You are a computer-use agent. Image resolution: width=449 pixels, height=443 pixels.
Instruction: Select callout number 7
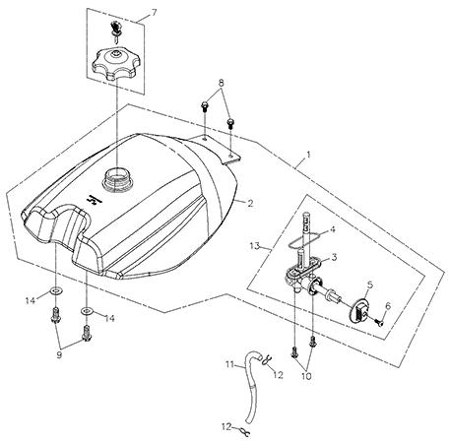(x=154, y=13)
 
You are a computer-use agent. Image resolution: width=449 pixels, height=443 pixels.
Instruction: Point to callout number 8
(x=222, y=83)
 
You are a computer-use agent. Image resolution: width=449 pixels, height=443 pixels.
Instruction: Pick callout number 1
(x=308, y=155)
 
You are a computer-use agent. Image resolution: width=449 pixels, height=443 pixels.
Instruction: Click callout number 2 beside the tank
(x=250, y=204)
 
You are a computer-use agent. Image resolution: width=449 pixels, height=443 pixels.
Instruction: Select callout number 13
(x=255, y=245)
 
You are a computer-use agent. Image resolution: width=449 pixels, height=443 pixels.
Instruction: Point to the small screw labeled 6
(x=380, y=323)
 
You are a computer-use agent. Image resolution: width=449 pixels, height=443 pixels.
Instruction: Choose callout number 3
(x=334, y=257)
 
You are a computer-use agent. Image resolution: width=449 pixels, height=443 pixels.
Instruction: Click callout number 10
(x=306, y=376)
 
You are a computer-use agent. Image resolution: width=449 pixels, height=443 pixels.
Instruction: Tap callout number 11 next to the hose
(x=230, y=364)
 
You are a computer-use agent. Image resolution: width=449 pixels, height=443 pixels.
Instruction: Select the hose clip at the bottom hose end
(x=243, y=431)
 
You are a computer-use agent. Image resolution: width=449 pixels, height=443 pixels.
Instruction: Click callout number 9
(x=59, y=355)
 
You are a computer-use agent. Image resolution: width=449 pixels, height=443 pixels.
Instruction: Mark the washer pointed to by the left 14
(x=56, y=290)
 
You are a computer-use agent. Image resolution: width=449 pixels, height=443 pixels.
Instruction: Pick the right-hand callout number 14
(x=110, y=318)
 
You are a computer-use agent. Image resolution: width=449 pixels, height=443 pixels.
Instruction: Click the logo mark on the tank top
(x=93, y=200)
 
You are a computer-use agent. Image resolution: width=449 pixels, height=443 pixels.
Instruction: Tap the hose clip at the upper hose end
(x=266, y=360)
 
